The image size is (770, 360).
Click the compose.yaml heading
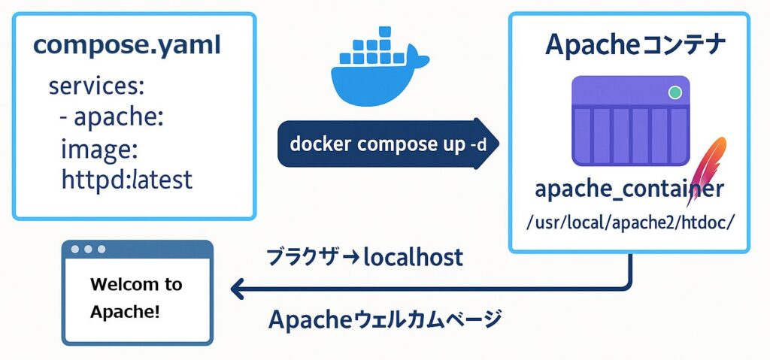tap(127, 45)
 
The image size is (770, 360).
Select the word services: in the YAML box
tap(95, 86)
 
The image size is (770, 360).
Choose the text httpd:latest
tap(126, 180)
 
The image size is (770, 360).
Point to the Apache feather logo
tap(706, 169)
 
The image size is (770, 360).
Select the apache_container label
tap(629, 189)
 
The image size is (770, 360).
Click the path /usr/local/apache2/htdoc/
tap(630, 223)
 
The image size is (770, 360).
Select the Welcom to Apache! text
tap(136, 298)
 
